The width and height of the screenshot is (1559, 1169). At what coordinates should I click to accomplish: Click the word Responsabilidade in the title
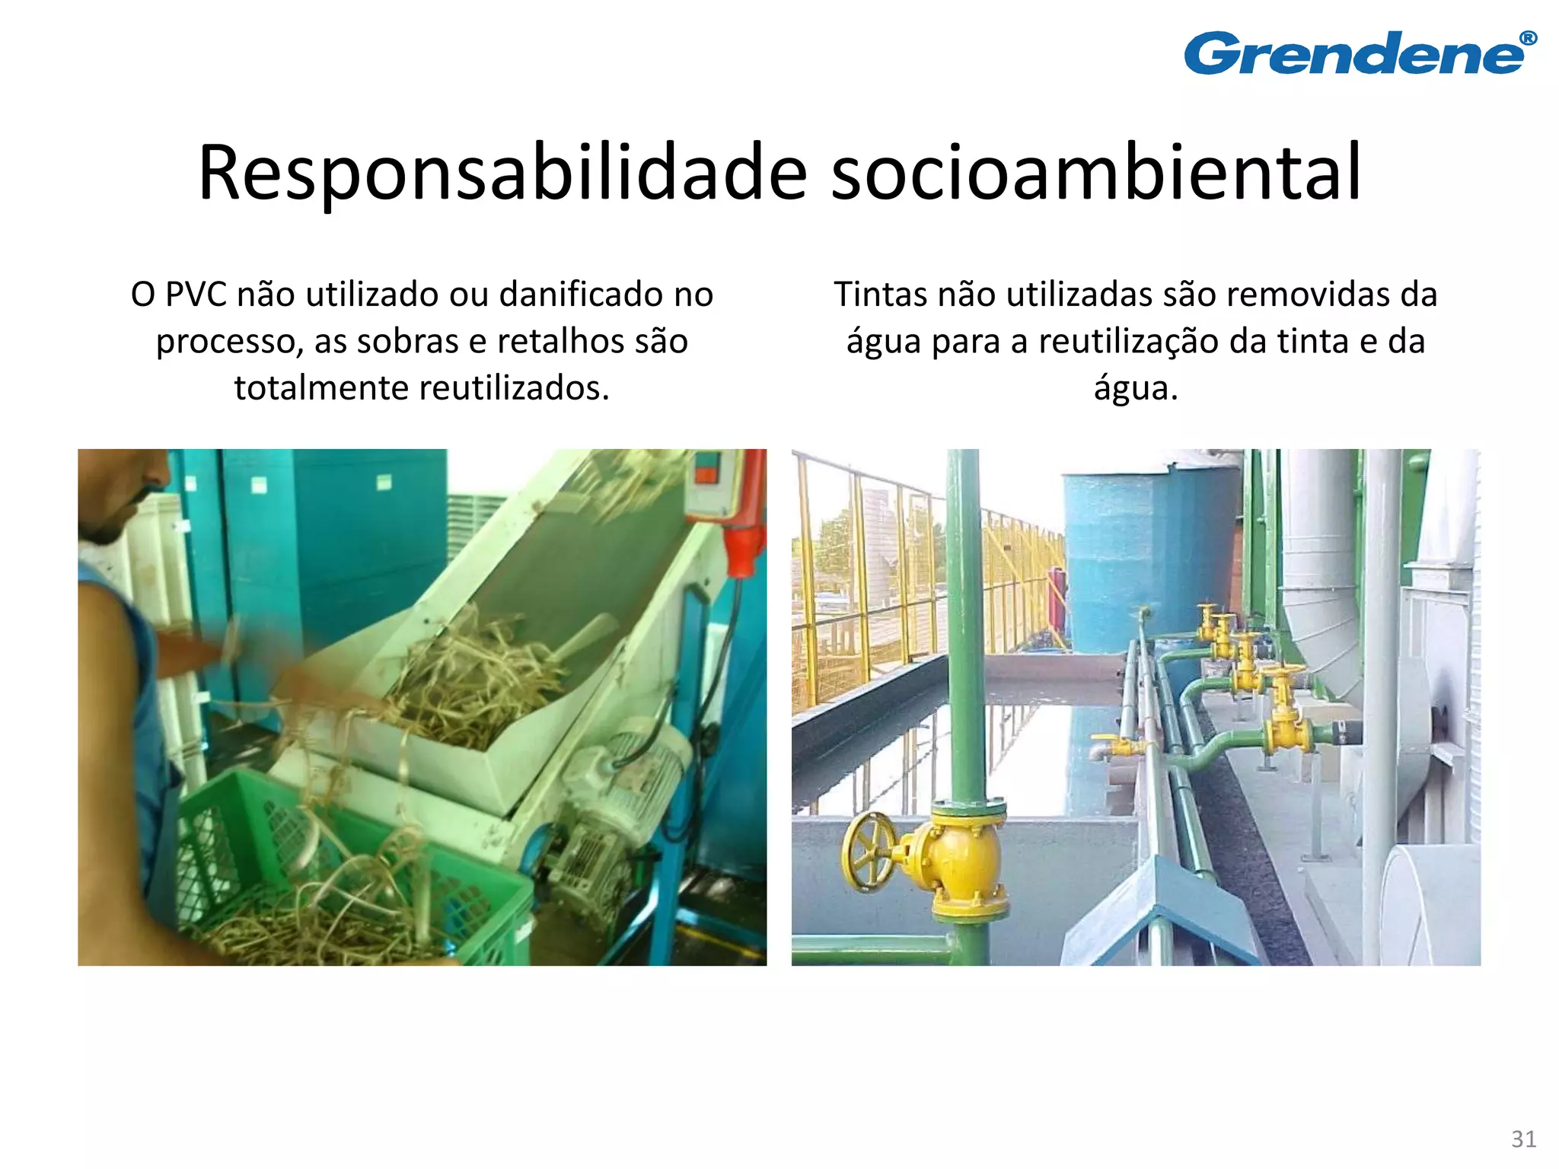click(x=502, y=173)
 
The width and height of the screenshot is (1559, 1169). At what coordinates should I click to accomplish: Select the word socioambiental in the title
click(x=1095, y=173)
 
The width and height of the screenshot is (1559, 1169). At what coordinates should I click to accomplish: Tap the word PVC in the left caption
click(x=196, y=295)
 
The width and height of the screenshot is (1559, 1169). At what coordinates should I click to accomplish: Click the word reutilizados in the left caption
click(x=515, y=388)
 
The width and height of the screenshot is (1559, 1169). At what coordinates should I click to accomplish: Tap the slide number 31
click(x=1523, y=1139)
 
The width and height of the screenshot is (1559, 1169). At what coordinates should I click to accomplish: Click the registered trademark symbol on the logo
click(x=1527, y=39)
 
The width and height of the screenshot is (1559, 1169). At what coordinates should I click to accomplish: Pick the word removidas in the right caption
click(x=1295, y=295)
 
